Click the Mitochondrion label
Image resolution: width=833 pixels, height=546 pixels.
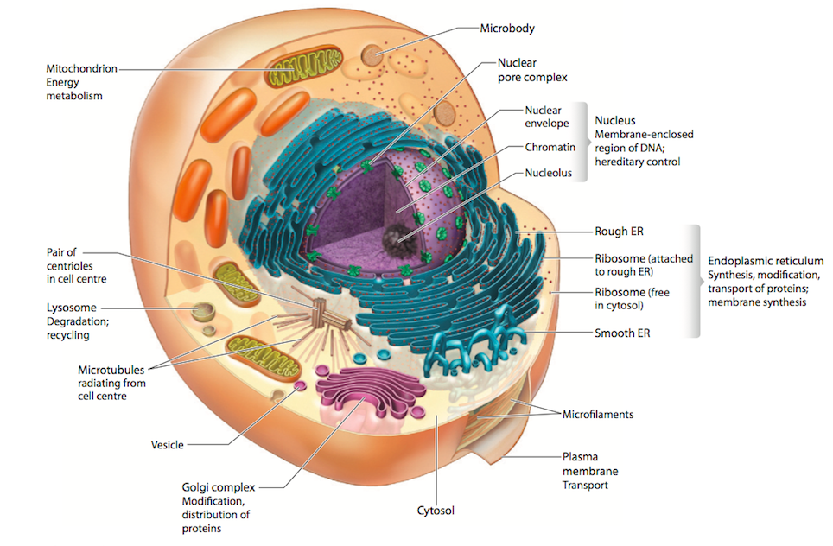pos(81,68)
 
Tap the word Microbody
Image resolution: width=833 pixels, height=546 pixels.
pos(507,28)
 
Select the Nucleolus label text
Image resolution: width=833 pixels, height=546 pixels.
pos(549,174)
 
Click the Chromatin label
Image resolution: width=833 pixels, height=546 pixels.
pos(550,148)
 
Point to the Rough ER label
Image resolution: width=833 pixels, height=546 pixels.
pos(619,232)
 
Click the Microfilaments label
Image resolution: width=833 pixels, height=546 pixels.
pos(598,415)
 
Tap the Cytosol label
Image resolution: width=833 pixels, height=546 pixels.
pos(436,511)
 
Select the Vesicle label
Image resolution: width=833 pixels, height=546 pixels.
pos(167,445)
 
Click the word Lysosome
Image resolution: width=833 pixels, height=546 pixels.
pos(71,308)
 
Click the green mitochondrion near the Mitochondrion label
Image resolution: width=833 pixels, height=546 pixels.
pos(304,68)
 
